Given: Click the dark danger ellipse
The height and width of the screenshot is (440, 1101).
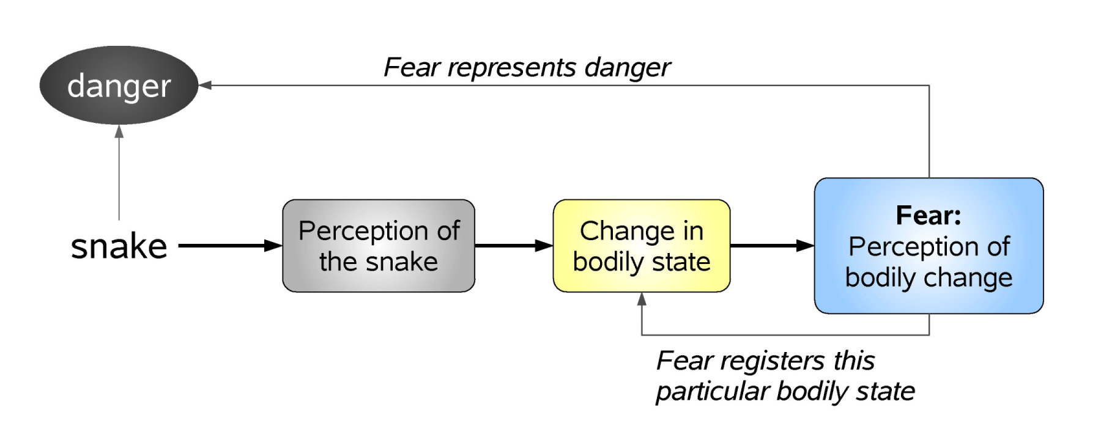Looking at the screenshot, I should (x=119, y=86).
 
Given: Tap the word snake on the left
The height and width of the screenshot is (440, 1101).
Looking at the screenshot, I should (x=119, y=246).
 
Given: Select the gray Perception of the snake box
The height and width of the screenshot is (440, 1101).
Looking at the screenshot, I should (x=379, y=246).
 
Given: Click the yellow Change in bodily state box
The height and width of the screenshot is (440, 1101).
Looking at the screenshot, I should (x=642, y=246).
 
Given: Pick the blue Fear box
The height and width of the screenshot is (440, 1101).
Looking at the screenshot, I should (x=929, y=246).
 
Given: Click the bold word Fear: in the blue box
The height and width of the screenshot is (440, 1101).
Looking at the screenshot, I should (x=929, y=215).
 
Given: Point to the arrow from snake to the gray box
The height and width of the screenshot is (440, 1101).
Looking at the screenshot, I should (x=229, y=246).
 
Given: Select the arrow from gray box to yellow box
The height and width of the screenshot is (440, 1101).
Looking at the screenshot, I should (x=513, y=246).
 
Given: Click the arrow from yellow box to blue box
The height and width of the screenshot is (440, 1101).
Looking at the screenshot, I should (x=771, y=246).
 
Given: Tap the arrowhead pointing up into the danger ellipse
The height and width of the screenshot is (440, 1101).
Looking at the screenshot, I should (x=119, y=131).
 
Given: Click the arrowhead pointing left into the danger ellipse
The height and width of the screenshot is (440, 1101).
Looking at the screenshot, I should (x=206, y=86).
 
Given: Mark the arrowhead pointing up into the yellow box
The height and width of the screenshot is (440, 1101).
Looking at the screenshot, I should (x=642, y=299).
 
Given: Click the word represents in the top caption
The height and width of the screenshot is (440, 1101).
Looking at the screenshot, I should (x=511, y=68).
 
